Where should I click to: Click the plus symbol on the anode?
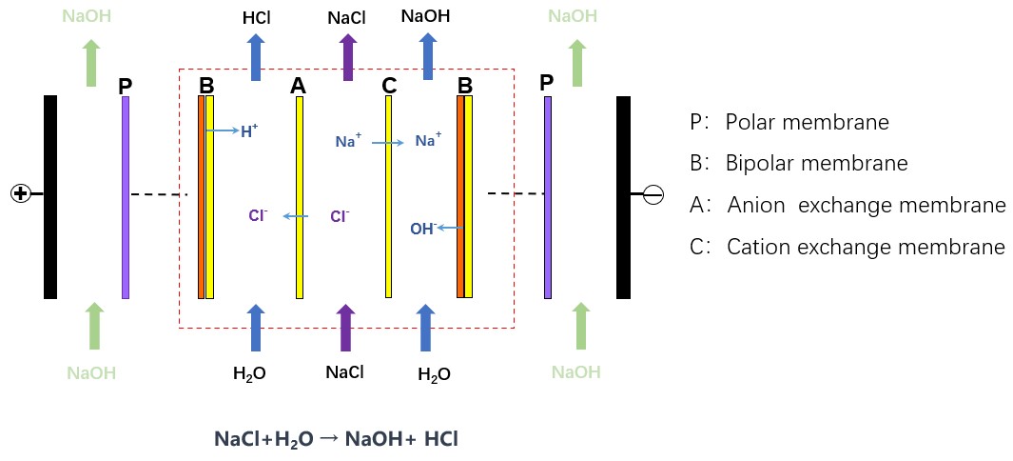point(19,193)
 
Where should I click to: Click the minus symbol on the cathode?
point(653,194)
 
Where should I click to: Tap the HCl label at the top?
point(255,18)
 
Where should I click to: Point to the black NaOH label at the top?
point(425,16)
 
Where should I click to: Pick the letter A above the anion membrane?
point(299,86)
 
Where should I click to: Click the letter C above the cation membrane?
point(389,86)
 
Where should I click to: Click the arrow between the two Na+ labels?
point(388,143)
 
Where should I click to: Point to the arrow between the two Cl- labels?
point(296,217)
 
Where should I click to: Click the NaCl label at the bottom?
point(344,371)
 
